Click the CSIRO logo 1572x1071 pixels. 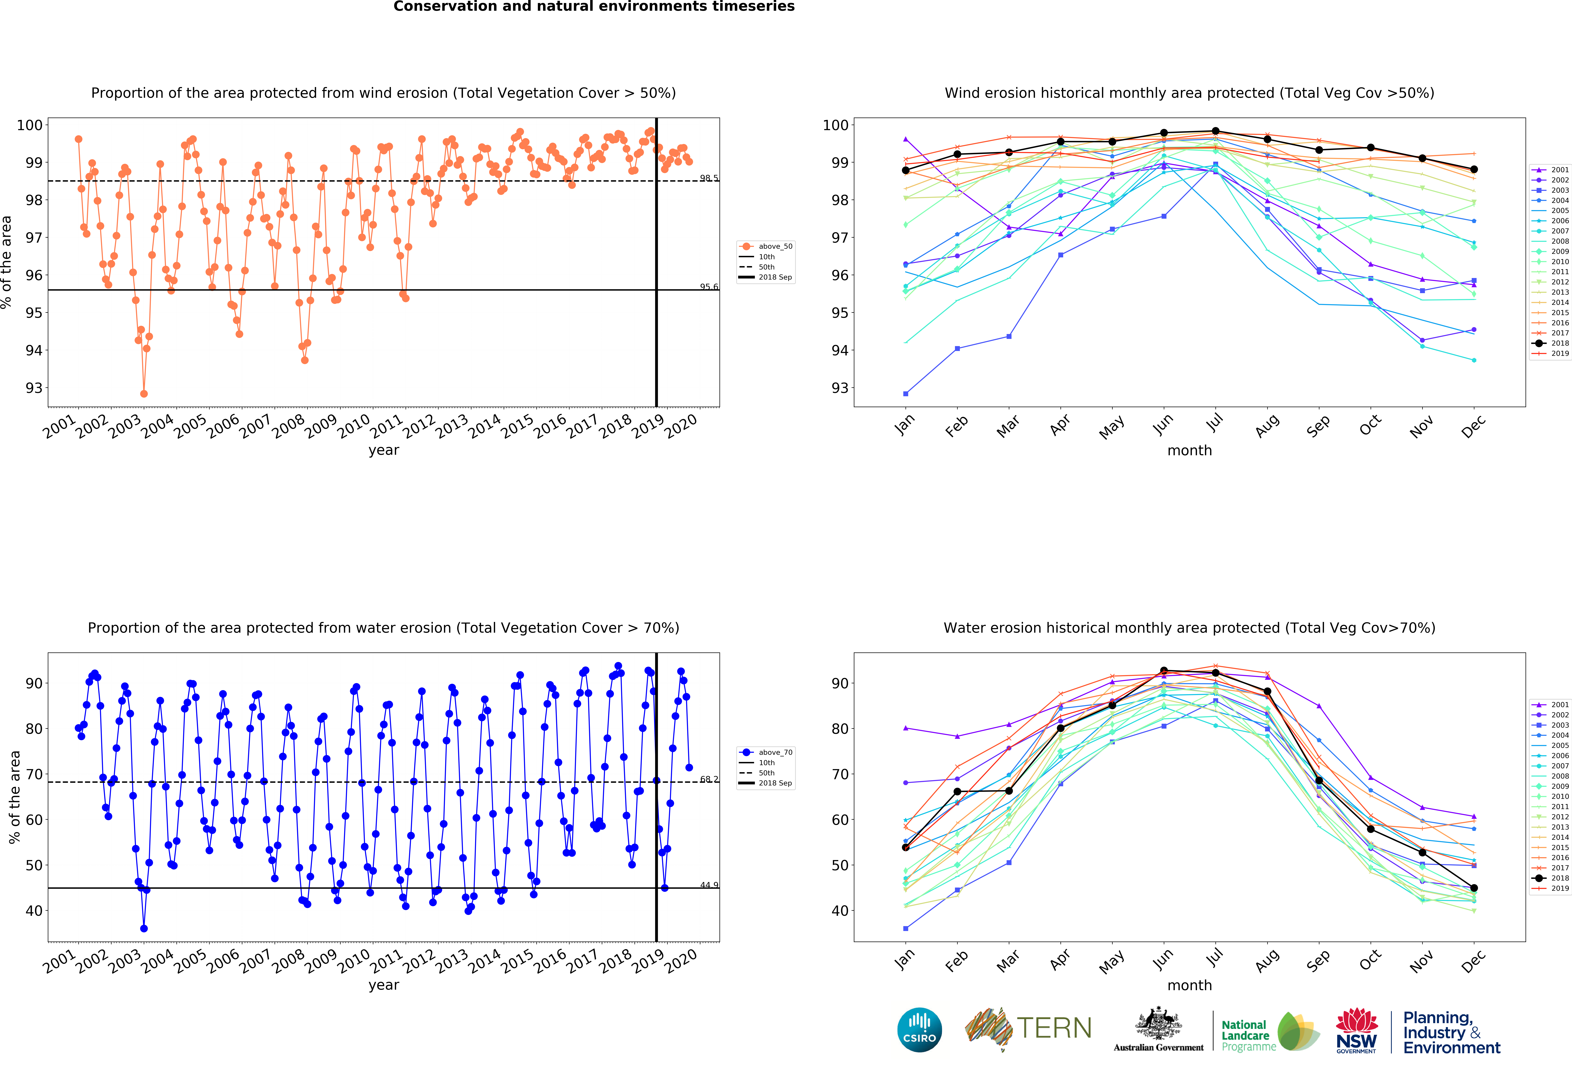(x=919, y=1030)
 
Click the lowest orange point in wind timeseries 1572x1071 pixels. (x=143, y=394)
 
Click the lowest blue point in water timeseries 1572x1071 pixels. (x=143, y=928)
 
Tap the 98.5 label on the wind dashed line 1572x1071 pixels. (x=708, y=178)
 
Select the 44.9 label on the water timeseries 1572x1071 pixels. (x=708, y=885)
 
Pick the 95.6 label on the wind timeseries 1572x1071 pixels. (x=708, y=287)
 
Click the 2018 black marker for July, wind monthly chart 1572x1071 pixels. (x=1216, y=131)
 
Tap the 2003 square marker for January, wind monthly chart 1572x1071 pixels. (x=906, y=394)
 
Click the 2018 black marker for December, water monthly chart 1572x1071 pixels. (x=1474, y=888)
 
